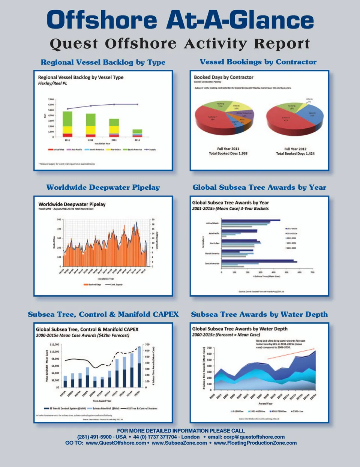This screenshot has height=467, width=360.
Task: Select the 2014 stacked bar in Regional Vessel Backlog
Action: pos(137,133)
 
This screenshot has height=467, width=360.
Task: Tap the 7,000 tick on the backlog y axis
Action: pos(51,99)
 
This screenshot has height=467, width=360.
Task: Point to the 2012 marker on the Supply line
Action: pos(90,106)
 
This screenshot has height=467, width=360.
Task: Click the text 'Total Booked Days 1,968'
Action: pos(228,153)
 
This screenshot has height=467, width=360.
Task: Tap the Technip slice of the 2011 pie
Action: pos(220,105)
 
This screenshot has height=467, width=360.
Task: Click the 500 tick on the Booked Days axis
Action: pos(59,219)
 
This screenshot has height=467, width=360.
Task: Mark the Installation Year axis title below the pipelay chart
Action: pos(106,279)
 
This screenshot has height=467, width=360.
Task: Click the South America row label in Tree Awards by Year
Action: pos(212,263)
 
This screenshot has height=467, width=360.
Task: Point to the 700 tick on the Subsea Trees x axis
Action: pos(312,272)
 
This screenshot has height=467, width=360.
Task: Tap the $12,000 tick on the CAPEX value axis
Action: pos(54,344)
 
